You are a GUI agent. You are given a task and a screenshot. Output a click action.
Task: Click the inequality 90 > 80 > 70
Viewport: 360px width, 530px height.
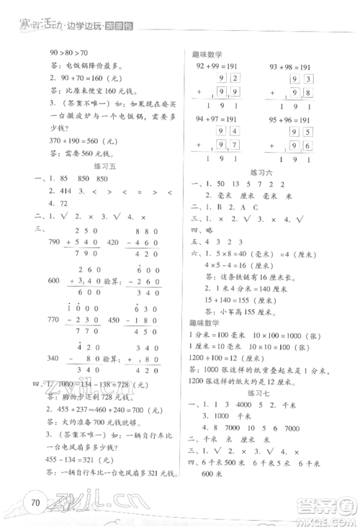coord(68,53)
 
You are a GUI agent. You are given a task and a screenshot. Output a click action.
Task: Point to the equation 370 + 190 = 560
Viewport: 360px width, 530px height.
coord(78,142)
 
